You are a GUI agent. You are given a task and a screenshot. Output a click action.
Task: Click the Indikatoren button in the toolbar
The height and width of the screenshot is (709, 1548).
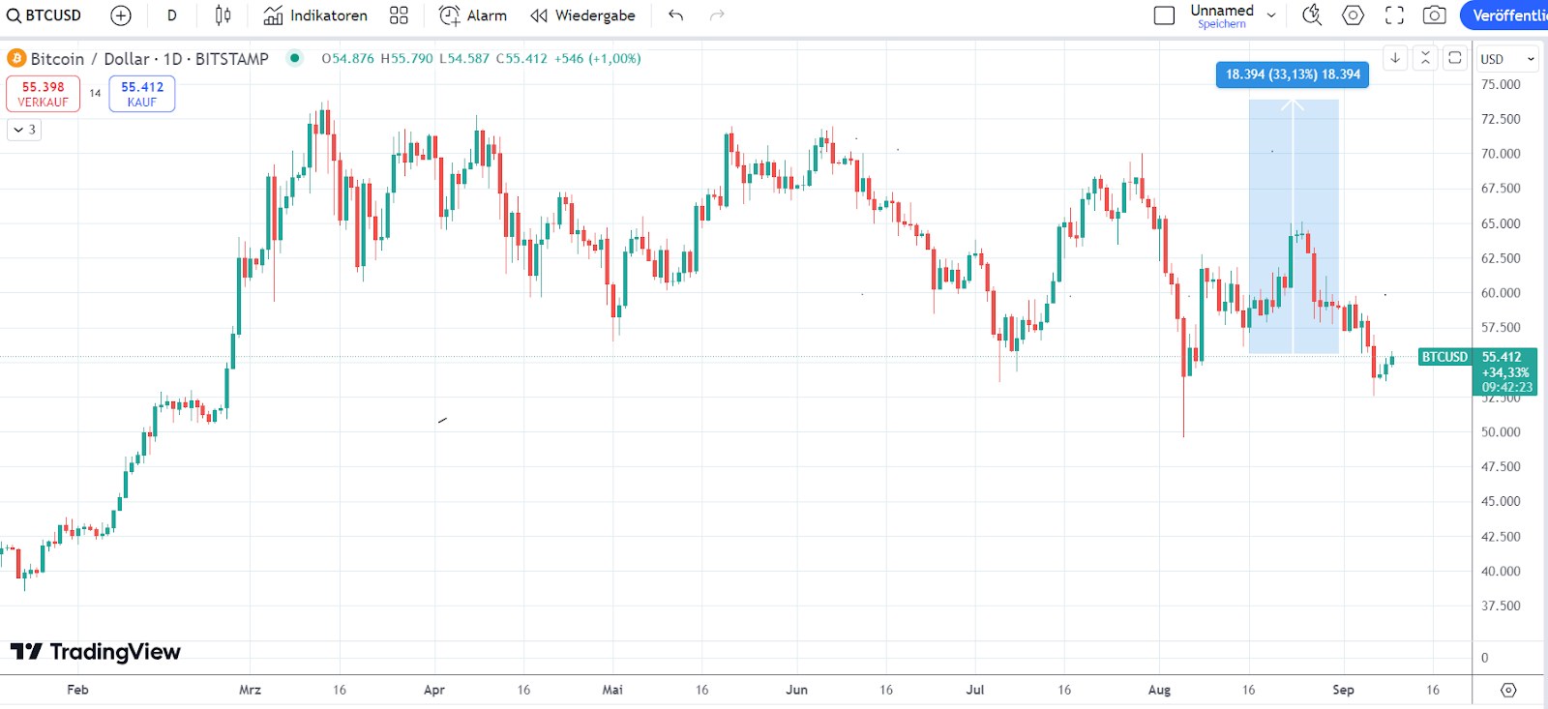point(316,15)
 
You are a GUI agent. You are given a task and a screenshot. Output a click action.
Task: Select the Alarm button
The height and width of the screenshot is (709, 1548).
point(473,15)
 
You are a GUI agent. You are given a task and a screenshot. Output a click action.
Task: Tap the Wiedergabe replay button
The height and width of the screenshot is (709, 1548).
point(582,15)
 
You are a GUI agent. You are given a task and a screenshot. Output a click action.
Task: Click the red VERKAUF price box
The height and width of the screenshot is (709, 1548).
point(44,94)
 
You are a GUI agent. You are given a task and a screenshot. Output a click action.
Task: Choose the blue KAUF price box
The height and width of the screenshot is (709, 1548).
point(142,94)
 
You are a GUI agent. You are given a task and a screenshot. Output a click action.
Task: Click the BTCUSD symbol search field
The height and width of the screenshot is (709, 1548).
point(45,15)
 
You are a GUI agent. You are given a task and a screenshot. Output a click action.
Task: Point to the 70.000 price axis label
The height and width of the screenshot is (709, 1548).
point(1501,154)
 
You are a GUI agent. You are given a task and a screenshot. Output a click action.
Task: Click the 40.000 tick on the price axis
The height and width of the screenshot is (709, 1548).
point(1501,572)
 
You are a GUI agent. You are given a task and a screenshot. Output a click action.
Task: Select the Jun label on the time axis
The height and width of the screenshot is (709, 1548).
point(796,690)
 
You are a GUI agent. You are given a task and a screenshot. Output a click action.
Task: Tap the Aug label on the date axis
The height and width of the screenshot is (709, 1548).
point(1159,690)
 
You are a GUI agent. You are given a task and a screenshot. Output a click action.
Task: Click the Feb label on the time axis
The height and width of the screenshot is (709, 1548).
point(77,690)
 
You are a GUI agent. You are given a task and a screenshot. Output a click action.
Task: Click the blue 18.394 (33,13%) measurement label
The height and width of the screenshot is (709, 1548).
point(1292,74)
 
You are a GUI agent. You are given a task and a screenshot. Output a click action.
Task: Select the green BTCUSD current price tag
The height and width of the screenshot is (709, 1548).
point(1444,357)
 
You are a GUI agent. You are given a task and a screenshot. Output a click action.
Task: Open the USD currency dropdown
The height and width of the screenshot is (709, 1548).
point(1506,59)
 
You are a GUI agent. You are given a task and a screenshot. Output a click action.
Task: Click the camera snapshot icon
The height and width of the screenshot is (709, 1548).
point(1435,15)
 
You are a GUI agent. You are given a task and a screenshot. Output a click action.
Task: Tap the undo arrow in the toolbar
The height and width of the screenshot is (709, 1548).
point(675,15)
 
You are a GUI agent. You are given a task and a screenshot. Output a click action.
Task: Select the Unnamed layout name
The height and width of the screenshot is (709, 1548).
point(1222,11)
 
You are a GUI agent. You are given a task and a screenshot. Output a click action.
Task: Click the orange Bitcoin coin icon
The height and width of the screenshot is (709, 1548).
point(16,59)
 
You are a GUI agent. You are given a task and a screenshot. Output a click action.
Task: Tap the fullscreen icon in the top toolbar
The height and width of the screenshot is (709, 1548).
point(1394,15)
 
